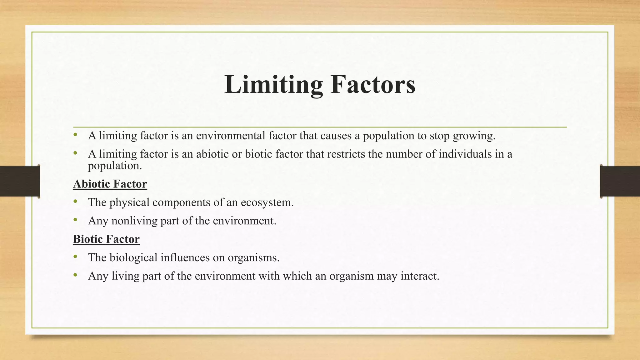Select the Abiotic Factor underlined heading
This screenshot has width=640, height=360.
point(110,184)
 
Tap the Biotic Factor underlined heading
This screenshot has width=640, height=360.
point(106,239)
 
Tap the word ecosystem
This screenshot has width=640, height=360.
point(267,202)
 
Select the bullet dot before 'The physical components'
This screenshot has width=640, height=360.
point(75,202)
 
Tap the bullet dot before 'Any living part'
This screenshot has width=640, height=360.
point(75,275)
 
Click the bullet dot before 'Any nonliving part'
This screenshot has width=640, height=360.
point(75,220)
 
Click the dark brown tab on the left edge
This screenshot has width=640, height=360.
point(20,181)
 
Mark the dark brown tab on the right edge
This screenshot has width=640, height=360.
point(620,181)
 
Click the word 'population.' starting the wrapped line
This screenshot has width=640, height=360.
point(115,166)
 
